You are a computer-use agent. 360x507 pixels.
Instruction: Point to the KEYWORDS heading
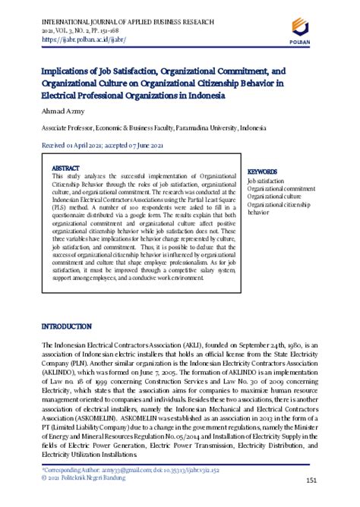pyautogui.click(x=263, y=172)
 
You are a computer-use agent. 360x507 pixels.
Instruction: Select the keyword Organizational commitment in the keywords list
pyautogui.click(x=281, y=189)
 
